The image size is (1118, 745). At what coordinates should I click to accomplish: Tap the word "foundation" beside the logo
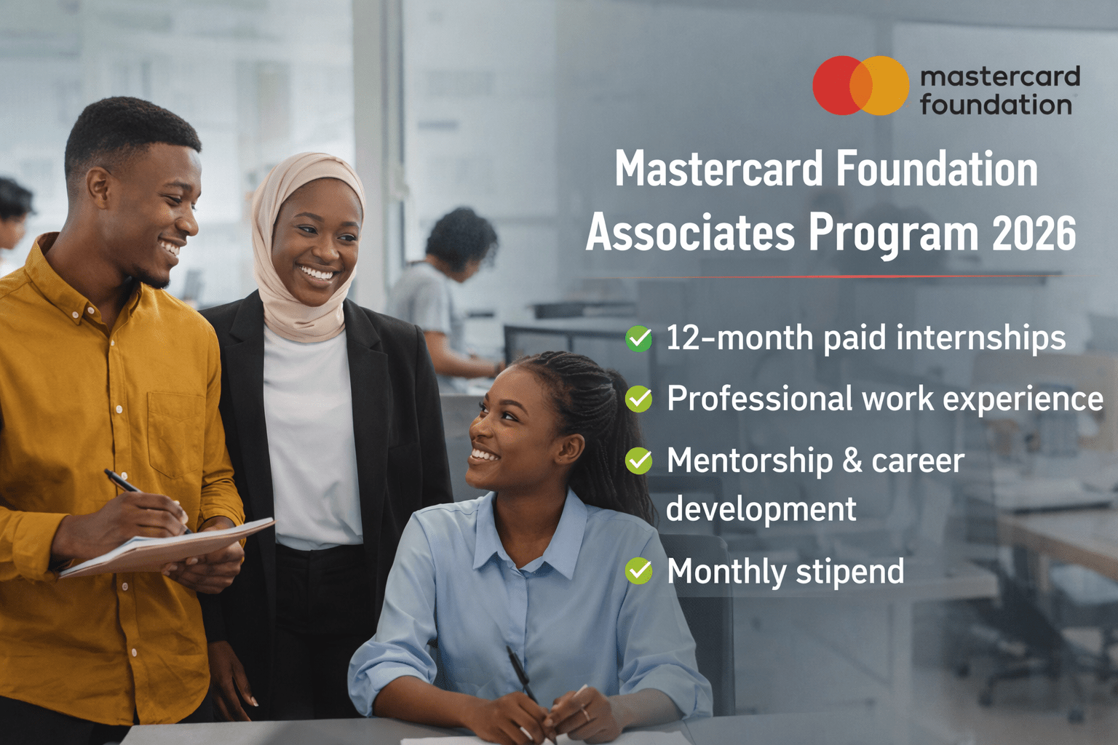click(995, 105)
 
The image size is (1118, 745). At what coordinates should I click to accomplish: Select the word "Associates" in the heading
click(690, 234)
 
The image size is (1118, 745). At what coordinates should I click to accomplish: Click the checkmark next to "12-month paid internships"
click(639, 338)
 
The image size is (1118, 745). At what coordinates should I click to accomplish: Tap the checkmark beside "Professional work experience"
click(639, 399)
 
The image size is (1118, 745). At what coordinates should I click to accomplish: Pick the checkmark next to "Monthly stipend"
click(639, 571)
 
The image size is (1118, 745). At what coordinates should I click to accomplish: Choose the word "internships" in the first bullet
click(980, 338)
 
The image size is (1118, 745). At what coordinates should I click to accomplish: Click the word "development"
click(761, 509)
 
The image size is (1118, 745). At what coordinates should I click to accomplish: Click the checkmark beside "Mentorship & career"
click(639, 461)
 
